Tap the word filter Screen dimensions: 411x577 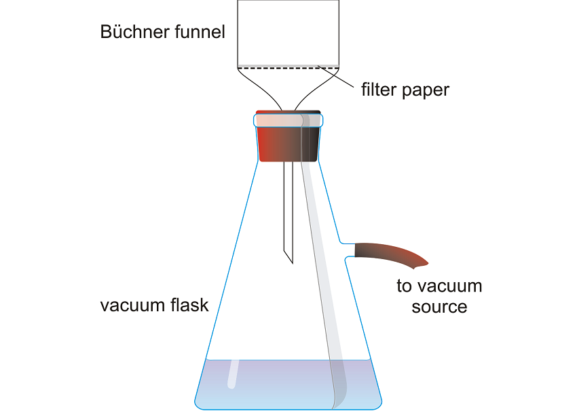[378, 89]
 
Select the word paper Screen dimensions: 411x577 [426, 90]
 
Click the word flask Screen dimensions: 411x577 [188, 305]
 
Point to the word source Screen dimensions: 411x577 [439, 307]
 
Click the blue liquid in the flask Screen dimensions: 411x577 [272, 383]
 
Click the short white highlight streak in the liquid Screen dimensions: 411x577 [232, 373]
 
